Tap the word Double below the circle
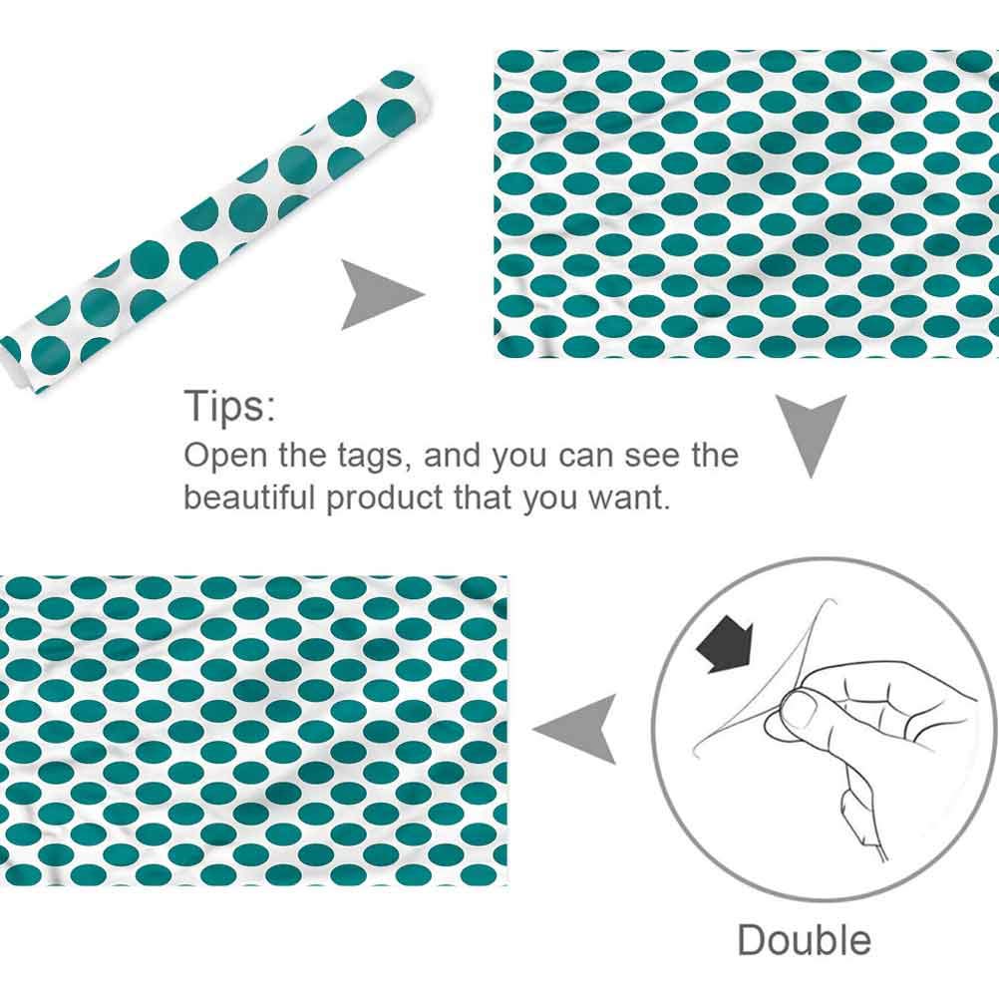tap(804, 940)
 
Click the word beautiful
tap(249, 497)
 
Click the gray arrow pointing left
tap(574, 730)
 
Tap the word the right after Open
tap(301, 456)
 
